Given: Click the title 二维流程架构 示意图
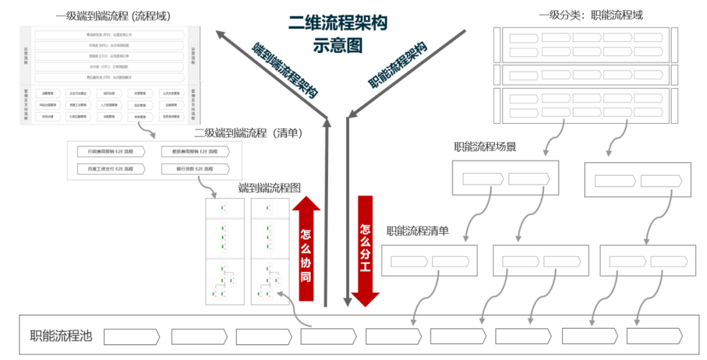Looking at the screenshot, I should click(x=337, y=34).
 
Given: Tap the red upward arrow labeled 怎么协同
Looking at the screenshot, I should click(x=306, y=249).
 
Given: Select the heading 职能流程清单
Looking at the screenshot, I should click(x=418, y=230).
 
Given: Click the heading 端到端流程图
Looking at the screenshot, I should click(x=269, y=189).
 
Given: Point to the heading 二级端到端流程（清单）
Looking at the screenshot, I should click(x=248, y=133).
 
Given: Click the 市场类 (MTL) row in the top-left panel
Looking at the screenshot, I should click(x=109, y=45).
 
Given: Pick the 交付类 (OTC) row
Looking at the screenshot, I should click(x=109, y=67).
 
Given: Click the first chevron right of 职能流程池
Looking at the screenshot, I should click(x=132, y=336).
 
